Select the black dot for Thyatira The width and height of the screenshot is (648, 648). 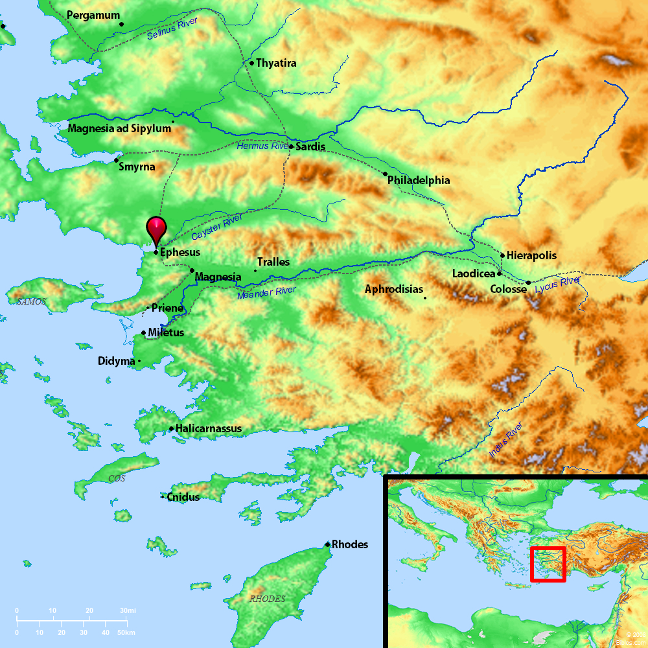pyautogui.click(x=251, y=63)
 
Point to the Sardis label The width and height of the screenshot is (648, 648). pyautogui.click(x=310, y=147)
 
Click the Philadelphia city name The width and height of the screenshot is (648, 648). pyautogui.click(x=418, y=180)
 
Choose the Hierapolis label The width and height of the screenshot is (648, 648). pyautogui.click(x=531, y=255)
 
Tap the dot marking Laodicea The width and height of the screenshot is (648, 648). pyautogui.click(x=499, y=274)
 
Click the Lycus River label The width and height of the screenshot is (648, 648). pyautogui.click(x=558, y=283)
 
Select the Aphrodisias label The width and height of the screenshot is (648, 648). pyautogui.click(x=394, y=289)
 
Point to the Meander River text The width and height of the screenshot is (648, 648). pyautogui.click(x=266, y=292)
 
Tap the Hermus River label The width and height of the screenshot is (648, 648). pyautogui.click(x=262, y=146)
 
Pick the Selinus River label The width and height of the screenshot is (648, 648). pyautogui.click(x=172, y=29)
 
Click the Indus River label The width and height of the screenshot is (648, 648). pyautogui.click(x=506, y=440)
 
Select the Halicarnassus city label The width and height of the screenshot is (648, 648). pyautogui.click(x=209, y=428)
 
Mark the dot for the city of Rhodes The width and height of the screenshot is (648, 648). pyautogui.click(x=328, y=544)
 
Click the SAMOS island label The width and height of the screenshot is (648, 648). pyautogui.click(x=32, y=301)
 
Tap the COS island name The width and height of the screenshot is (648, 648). pyautogui.click(x=117, y=478)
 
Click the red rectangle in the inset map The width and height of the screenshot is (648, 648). pyautogui.click(x=548, y=564)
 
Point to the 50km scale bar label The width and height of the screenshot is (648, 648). pyautogui.click(x=126, y=632)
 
